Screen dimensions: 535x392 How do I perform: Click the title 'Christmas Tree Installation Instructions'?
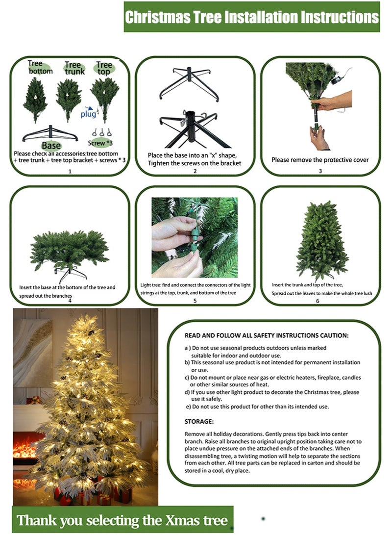(x=251, y=17)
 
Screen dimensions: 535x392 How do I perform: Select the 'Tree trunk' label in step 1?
(x=74, y=68)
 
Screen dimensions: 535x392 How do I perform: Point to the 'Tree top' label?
(x=104, y=68)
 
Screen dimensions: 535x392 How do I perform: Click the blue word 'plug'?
(x=88, y=114)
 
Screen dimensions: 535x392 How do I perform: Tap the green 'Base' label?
(x=51, y=145)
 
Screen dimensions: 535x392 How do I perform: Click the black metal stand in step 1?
(x=50, y=133)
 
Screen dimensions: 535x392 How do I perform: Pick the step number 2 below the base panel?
(x=195, y=171)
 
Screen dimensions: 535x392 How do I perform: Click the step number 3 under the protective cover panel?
(x=320, y=171)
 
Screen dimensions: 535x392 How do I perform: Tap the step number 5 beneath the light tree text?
(x=195, y=300)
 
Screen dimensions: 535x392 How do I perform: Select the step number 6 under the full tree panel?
(x=318, y=300)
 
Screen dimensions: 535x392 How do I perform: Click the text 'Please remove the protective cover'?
(x=320, y=160)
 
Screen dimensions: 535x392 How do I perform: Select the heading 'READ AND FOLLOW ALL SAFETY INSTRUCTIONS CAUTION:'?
(x=267, y=336)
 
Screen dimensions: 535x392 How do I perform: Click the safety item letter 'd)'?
(x=187, y=392)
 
